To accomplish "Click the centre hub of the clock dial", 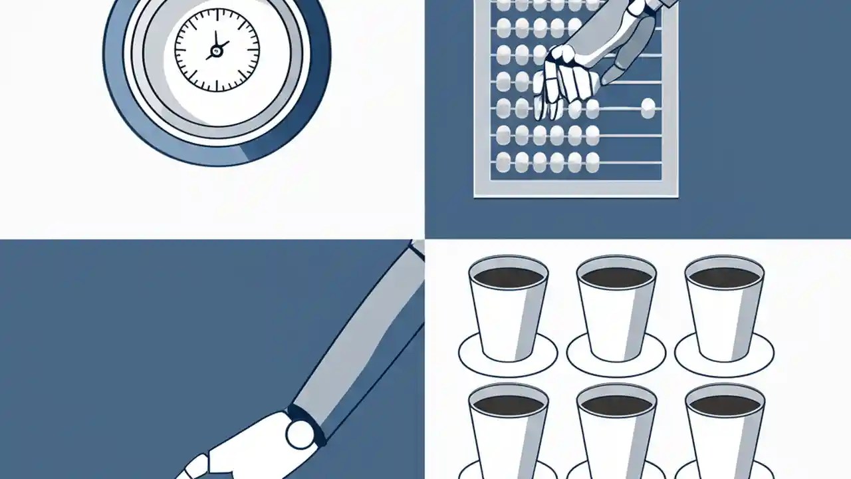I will tap(215, 51).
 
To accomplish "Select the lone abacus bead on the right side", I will tap(648, 108).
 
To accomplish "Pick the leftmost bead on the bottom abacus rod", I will tap(504, 161).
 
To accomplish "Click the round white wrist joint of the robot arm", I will tap(300, 433).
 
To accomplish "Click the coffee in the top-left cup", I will tap(508, 277).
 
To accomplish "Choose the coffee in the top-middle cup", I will tap(616, 277).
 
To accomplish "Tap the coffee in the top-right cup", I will tap(724, 277).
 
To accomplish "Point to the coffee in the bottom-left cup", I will tap(508, 404).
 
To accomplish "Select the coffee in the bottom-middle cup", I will tap(616, 404).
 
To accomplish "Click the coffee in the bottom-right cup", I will tap(724, 404).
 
